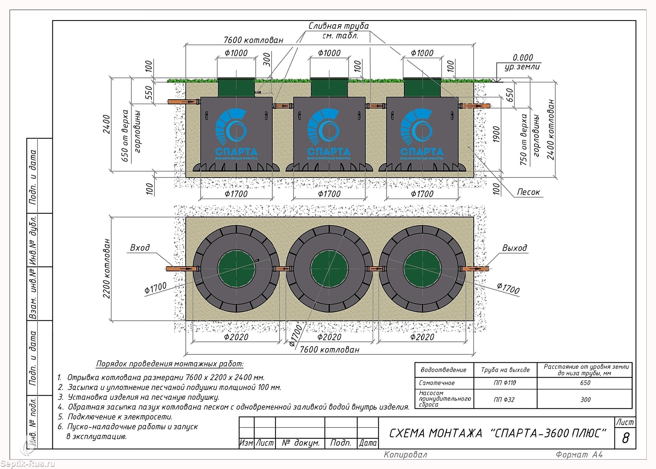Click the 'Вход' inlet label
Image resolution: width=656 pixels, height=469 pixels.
140,248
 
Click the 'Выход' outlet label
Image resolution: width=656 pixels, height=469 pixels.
514,248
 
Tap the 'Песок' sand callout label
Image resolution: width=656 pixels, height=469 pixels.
529,192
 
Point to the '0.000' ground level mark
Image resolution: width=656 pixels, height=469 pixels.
523,58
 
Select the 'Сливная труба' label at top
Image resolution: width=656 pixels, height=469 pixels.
339,26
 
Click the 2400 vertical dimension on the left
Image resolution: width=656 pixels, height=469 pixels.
107,124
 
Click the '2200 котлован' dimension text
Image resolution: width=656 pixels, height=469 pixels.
107,268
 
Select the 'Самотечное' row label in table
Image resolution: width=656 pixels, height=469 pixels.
437,383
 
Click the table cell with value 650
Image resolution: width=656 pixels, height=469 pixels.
585,383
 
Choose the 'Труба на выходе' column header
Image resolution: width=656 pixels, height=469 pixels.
505,370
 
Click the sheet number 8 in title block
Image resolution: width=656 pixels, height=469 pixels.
625,438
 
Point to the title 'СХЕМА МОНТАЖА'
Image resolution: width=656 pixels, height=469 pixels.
436,433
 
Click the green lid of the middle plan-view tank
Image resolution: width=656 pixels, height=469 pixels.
329,269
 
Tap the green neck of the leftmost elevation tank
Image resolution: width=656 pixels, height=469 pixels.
236,87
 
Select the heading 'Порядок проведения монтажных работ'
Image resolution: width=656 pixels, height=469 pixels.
170,364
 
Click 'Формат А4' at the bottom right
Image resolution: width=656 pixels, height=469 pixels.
579,455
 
